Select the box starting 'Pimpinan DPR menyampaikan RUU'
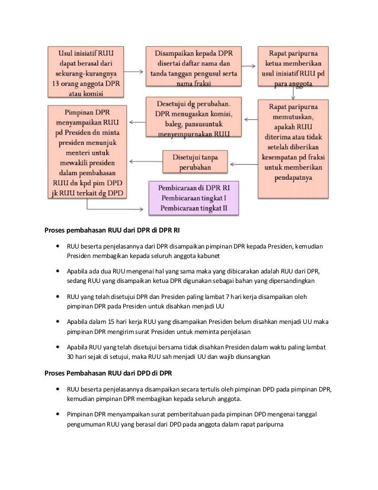pos(86,151)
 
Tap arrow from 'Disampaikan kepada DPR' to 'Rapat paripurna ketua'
pos(249,65)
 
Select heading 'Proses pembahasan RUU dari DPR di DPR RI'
pos(108,231)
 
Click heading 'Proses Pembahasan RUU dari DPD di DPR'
pos(108,374)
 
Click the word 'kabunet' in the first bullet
pos(207,256)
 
